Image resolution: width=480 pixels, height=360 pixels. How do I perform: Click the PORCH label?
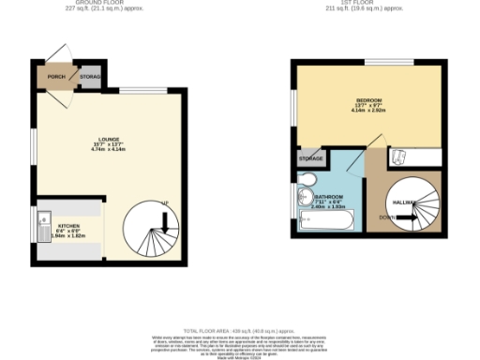point(56,76)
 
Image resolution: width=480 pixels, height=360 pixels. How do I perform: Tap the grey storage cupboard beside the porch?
point(90,76)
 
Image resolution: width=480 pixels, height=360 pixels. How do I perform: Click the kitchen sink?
point(44,228)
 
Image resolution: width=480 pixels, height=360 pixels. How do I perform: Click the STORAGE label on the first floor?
point(311,159)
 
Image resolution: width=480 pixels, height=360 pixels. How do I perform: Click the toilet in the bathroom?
point(305,196)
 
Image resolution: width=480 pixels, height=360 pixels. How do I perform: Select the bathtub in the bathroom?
point(322,222)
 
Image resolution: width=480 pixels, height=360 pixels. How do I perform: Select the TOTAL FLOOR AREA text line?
point(240,331)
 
